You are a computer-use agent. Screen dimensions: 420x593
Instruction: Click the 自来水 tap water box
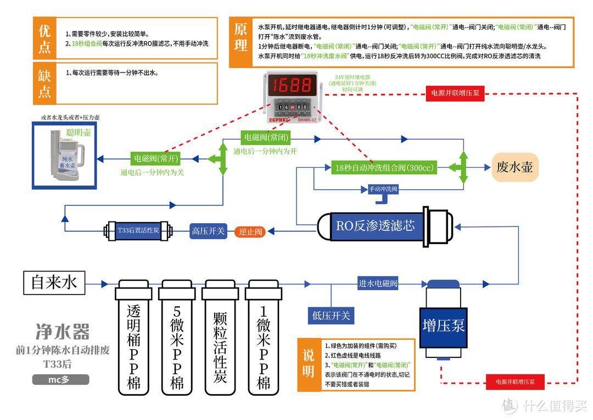pyautogui.click(x=54, y=283)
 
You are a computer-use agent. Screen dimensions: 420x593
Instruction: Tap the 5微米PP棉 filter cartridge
pyautogui.click(x=177, y=338)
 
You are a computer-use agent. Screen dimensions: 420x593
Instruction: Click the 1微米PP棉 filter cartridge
pyautogui.click(x=264, y=338)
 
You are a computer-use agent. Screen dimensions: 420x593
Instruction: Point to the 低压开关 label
pyautogui.click(x=331, y=315)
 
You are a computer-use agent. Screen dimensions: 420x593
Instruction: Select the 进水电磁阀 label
pyautogui.click(x=377, y=284)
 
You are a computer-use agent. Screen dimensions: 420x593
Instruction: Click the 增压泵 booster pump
pyautogui.click(x=443, y=324)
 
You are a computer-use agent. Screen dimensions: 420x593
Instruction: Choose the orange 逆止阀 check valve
pyautogui.click(x=251, y=231)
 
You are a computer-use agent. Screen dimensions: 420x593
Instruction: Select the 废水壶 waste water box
pyautogui.click(x=514, y=167)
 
